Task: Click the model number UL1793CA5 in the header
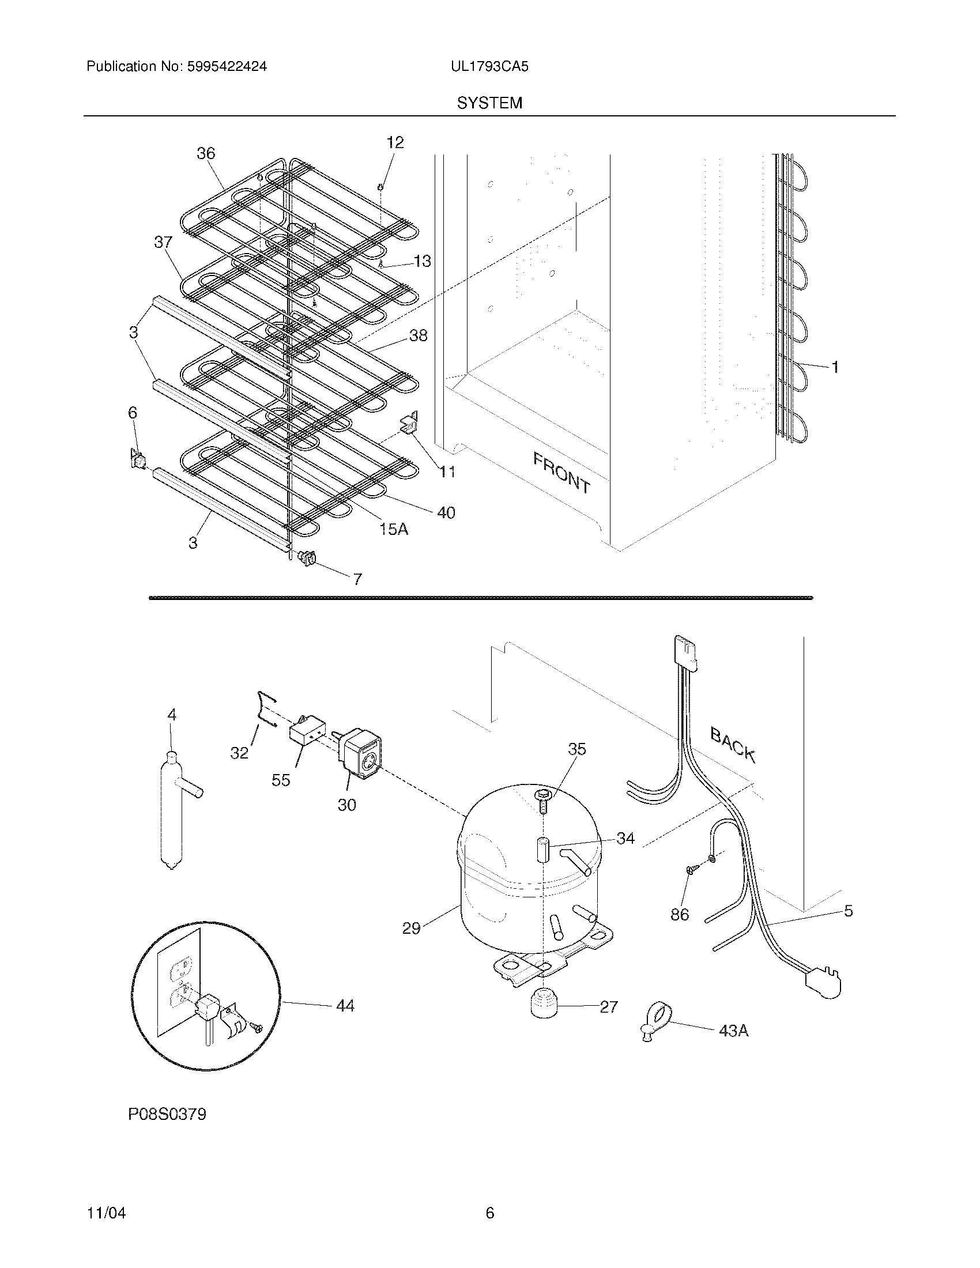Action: (489, 67)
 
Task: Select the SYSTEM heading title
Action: (489, 103)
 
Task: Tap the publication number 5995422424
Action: (227, 67)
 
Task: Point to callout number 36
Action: (206, 153)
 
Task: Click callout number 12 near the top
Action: (395, 142)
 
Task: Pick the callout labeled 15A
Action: (394, 529)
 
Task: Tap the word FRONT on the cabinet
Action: (561, 473)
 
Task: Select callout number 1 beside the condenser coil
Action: (834, 367)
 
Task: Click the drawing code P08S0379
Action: (167, 1115)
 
